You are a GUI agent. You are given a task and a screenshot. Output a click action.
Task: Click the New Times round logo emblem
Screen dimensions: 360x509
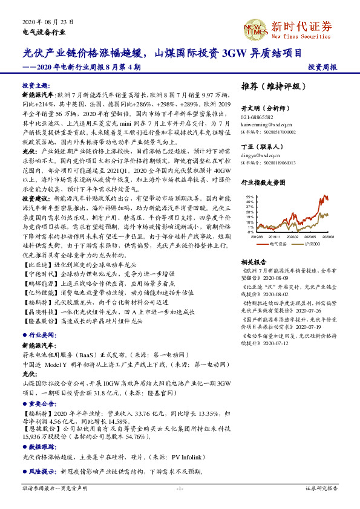254,29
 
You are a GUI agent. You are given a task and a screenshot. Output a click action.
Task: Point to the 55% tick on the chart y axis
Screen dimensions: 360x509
250,197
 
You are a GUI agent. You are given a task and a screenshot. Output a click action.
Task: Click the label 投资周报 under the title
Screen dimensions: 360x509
322,67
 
